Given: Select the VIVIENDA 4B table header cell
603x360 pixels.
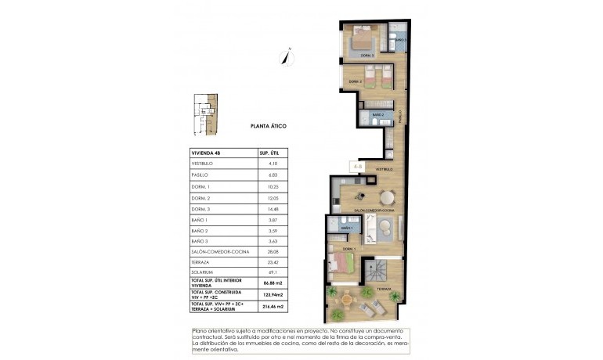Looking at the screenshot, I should [x=208, y=153].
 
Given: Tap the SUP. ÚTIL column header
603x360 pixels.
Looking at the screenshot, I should [x=270, y=153].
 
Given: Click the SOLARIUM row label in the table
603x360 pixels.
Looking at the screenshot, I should [x=203, y=272].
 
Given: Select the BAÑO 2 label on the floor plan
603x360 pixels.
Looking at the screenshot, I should [x=377, y=116].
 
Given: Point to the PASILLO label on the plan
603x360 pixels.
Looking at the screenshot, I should [x=399, y=117].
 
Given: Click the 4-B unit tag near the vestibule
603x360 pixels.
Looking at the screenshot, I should [x=357, y=166].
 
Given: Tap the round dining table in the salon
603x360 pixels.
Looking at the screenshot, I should [x=387, y=196].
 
